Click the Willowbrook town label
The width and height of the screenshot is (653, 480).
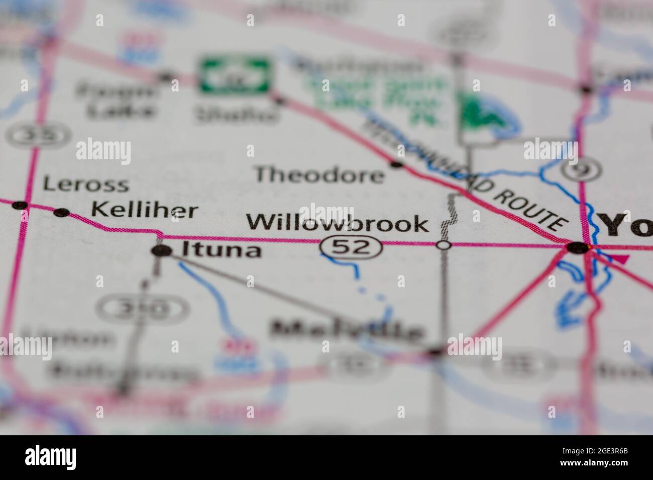pyautogui.click(x=338, y=223)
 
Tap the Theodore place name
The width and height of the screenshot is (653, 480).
pyautogui.click(x=319, y=175)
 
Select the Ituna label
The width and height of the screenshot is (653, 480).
pyautogui.click(x=221, y=250)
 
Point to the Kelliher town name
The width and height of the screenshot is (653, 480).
pyautogui.click(x=145, y=211)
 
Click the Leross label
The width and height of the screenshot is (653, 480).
pyautogui.click(x=85, y=184)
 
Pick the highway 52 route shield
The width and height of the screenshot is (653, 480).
pyautogui.click(x=351, y=246)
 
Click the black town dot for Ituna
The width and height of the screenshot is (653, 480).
pyautogui.click(x=160, y=251)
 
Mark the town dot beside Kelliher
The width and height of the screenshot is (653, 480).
pyautogui.click(x=62, y=212)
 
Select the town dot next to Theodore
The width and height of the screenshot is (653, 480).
pyautogui.click(x=397, y=164)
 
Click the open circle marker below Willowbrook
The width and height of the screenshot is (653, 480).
pyautogui.click(x=444, y=245)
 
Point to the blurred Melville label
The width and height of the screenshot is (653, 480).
pyautogui.click(x=347, y=331)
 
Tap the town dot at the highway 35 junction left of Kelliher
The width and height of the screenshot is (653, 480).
pyautogui.click(x=20, y=205)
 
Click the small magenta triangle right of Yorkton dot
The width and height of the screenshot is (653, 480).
pyautogui.click(x=622, y=260)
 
